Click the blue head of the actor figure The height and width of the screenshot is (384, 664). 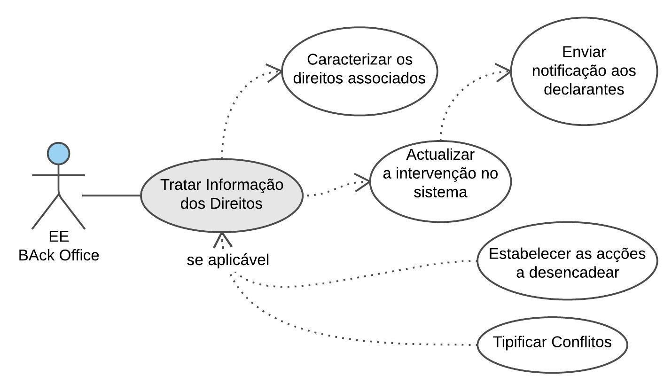(x=59, y=154)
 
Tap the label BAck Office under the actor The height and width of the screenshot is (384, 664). (x=59, y=255)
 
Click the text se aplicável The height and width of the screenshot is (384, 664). (x=228, y=260)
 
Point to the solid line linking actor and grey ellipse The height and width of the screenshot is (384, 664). (x=111, y=195)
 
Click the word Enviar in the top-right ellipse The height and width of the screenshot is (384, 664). (x=584, y=52)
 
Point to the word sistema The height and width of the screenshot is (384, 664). (x=440, y=192)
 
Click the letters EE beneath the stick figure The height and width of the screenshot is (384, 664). (x=59, y=236)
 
